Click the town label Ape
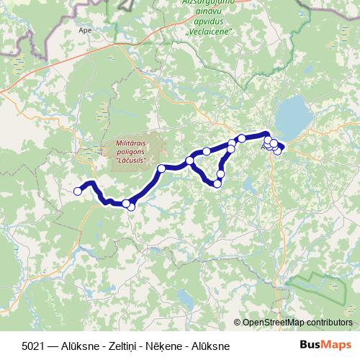pos(85,32)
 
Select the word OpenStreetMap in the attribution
pos(274,322)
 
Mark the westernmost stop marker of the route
pos(78,191)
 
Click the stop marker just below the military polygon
pos(161,168)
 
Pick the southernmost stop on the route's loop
pos(217,184)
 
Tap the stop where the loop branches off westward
pos(190,161)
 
